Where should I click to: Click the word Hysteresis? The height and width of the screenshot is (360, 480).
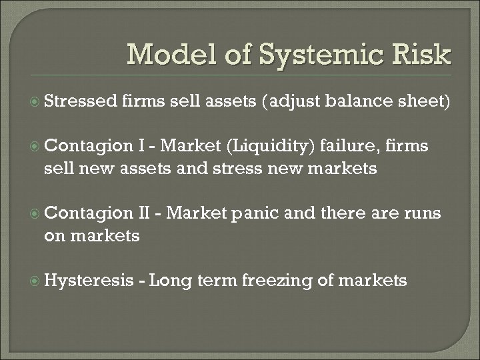pyautogui.click(x=89, y=281)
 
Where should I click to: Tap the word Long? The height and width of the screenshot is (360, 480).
pyautogui.click(x=171, y=281)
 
